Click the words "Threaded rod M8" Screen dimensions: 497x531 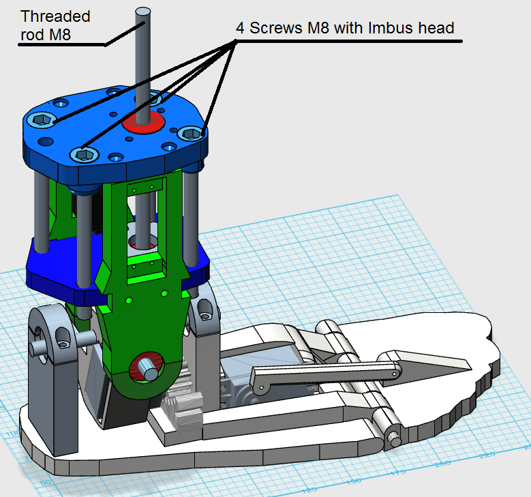(55, 25)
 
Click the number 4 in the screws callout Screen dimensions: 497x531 (241, 28)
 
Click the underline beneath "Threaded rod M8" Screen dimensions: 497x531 (61, 45)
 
